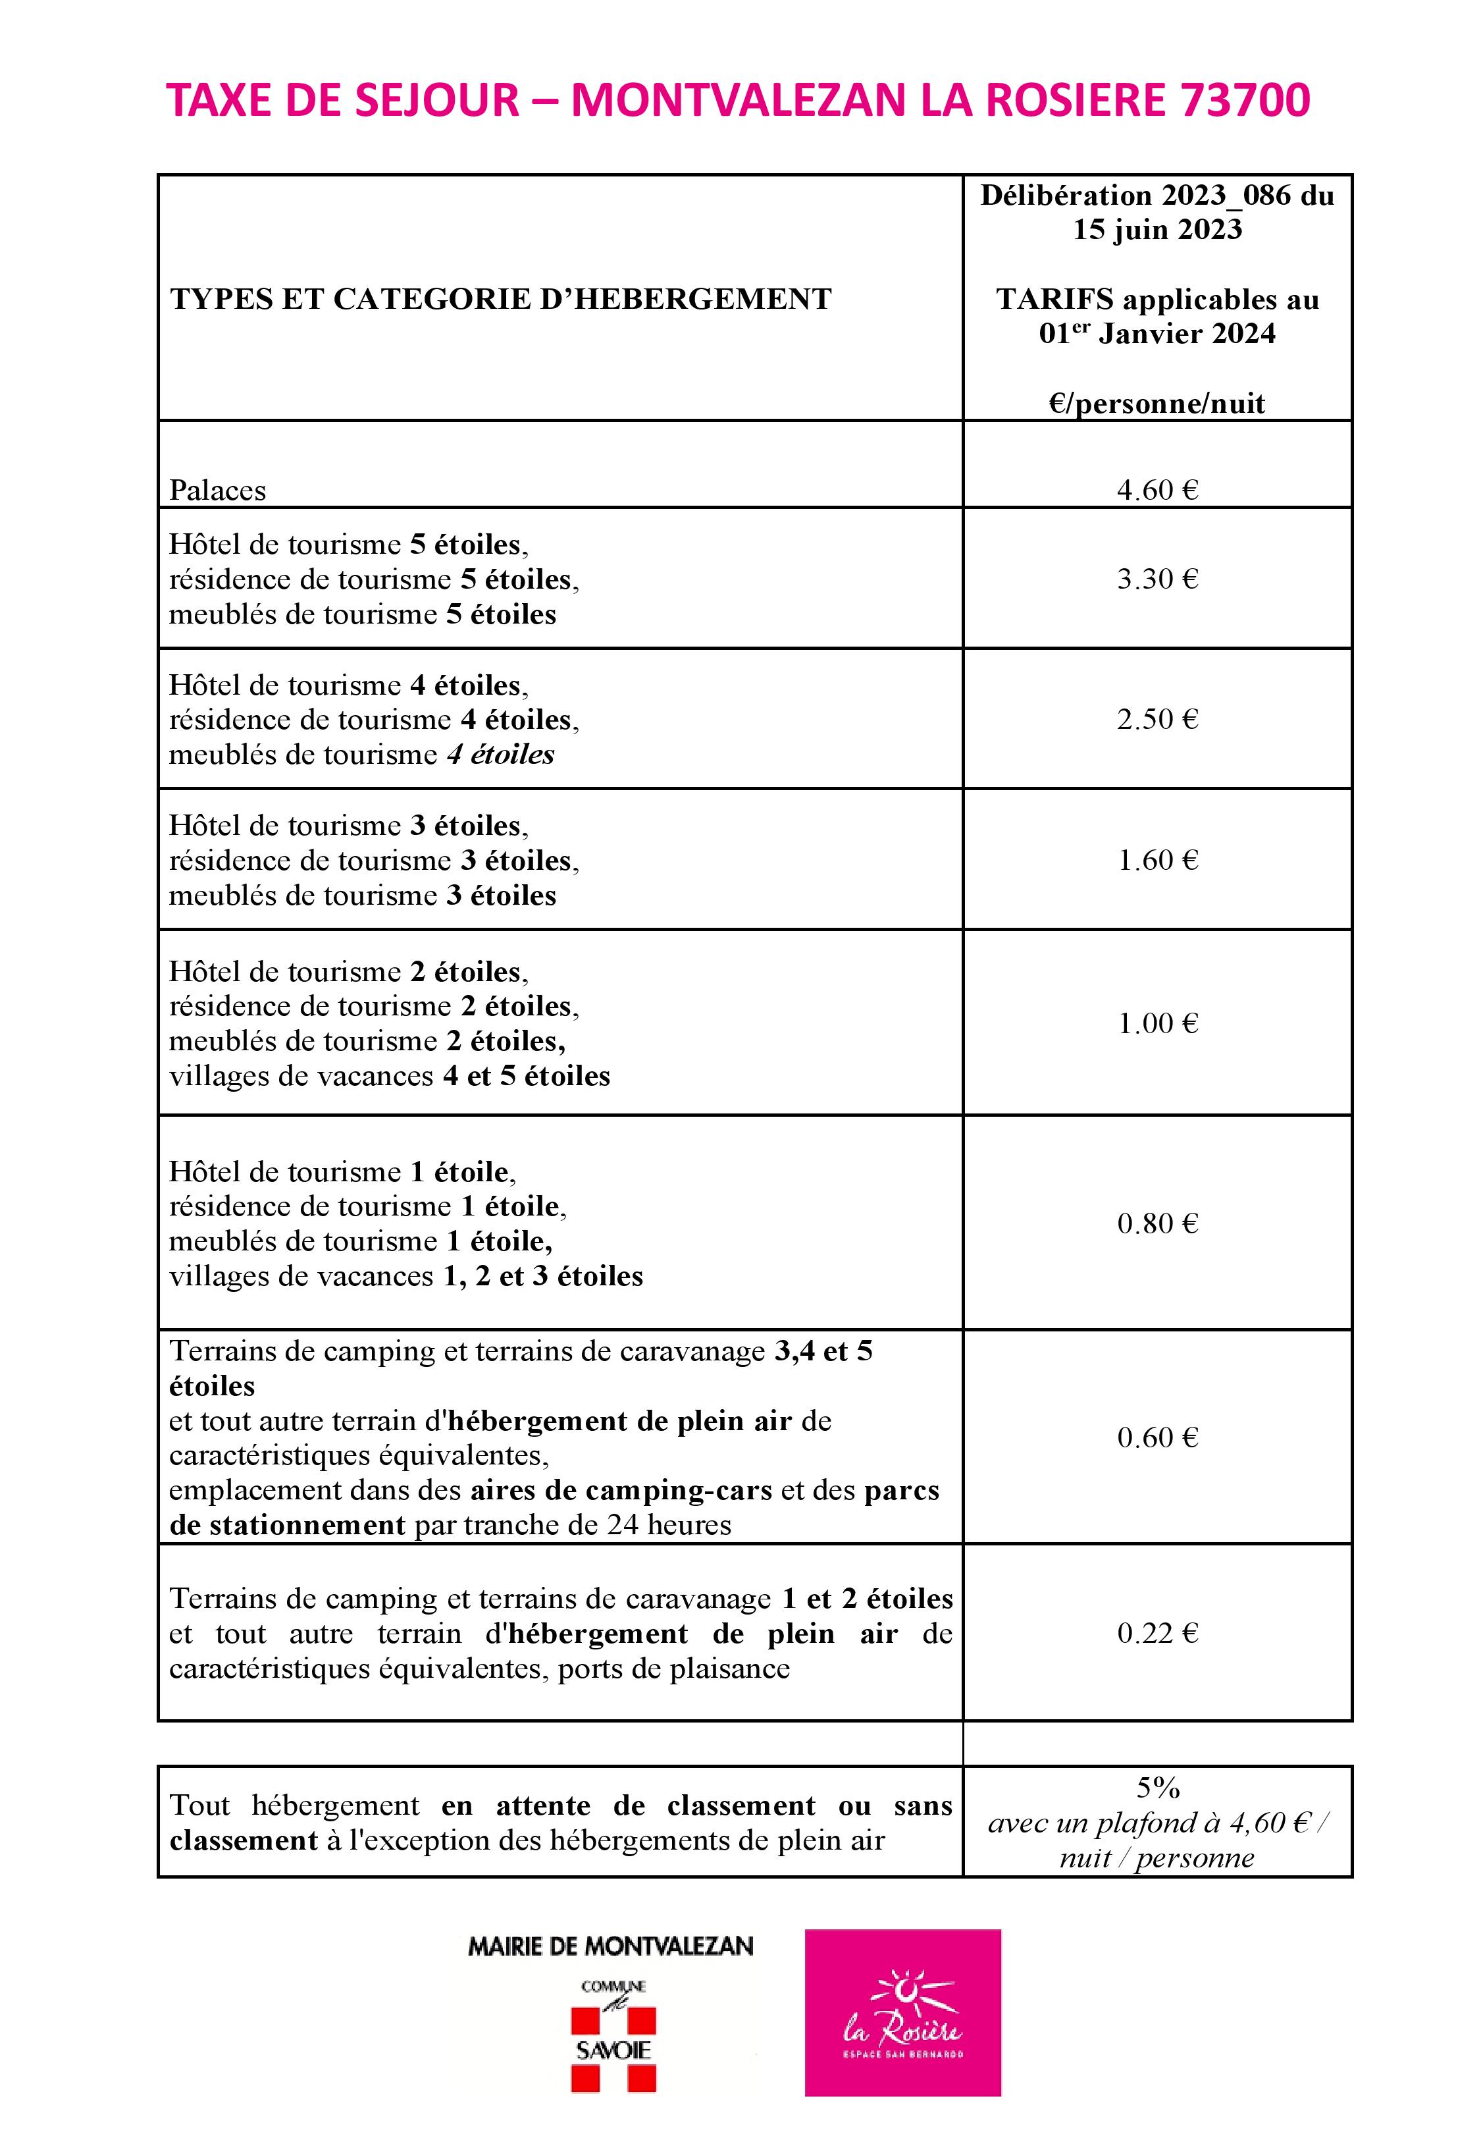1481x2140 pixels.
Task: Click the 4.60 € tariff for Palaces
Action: (x=1157, y=489)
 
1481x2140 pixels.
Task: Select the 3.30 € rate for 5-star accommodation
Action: (x=1157, y=578)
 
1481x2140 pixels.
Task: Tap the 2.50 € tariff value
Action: (x=1157, y=718)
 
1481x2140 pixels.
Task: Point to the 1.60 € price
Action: (x=1157, y=859)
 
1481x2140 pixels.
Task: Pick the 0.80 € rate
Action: (x=1157, y=1223)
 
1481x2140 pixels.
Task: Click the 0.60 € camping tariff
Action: (x=1157, y=1437)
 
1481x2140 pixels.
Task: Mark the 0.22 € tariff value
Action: (x=1157, y=1632)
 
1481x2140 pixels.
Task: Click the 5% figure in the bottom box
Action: (x=1157, y=1786)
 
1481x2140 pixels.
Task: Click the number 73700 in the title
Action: (x=1245, y=100)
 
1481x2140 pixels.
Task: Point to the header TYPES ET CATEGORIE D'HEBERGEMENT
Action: (x=501, y=299)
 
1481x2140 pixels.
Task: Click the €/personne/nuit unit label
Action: (x=1157, y=403)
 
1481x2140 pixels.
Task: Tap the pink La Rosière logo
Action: (x=902, y=2013)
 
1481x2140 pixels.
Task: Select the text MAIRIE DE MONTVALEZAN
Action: (x=611, y=1946)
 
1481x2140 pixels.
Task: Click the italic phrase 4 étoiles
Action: (x=500, y=755)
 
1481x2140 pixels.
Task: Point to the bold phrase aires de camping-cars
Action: (x=621, y=1490)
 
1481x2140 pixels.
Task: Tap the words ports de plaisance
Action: (x=673, y=1669)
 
